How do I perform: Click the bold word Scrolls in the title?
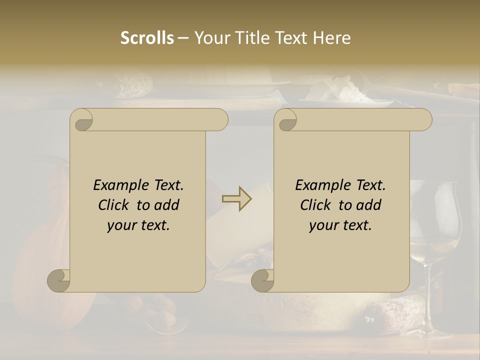147,37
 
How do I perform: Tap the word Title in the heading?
249,37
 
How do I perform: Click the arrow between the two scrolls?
236,199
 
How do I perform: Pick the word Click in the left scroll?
115,205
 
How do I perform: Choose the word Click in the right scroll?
317,205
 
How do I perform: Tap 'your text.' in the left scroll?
138,225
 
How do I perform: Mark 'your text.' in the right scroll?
340,225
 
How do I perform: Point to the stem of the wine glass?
428,295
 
